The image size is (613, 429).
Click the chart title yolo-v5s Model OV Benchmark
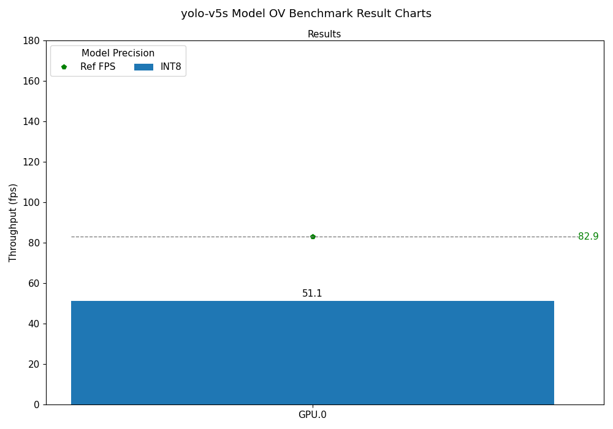coord(306,13)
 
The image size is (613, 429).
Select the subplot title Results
coord(324,34)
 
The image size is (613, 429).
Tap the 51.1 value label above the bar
coord(312,294)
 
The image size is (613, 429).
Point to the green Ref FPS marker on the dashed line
coord(313,237)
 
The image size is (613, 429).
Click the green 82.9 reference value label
coord(588,237)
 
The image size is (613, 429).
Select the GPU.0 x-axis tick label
coord(312,415)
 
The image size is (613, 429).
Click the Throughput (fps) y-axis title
coord(13,222)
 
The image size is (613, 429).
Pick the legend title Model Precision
coord(118,53)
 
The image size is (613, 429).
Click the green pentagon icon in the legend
coord(64,67)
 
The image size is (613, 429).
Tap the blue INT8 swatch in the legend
coord(143,67)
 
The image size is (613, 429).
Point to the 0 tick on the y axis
coord(37,404)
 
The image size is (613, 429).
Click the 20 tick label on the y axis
coord(34,364)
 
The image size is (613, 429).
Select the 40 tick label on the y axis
coord(34,324)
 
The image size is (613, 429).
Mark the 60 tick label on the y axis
coord(34,283)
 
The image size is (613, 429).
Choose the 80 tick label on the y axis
coord(34,243)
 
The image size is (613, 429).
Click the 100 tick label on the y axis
coord(31,202)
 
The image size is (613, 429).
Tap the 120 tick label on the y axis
coord(31,162)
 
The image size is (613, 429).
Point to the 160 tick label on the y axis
coord(31,81)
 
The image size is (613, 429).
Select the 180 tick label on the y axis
coord(31,40)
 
